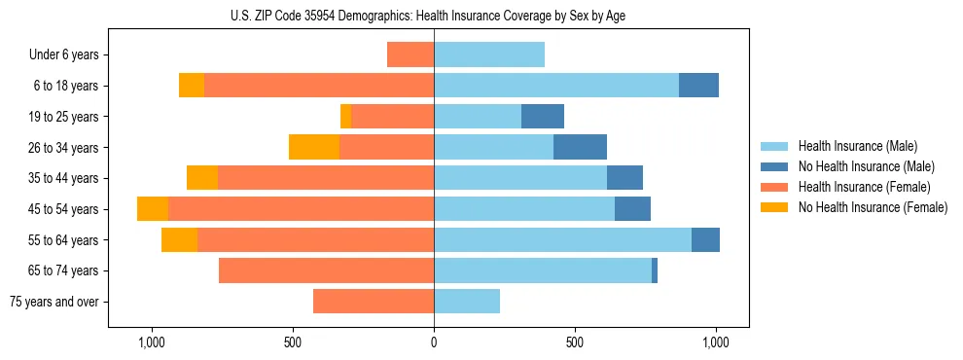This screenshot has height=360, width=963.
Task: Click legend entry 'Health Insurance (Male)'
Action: click(857, 146)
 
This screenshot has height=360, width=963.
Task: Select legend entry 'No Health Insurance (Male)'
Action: click(866, 166)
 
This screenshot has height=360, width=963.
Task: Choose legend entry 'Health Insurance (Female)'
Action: click(864, 187)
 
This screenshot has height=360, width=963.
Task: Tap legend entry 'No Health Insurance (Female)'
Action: click(873, 207)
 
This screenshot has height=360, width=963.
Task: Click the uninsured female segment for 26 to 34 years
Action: click(314, 147)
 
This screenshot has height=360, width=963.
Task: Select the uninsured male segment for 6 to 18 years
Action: click(698, 86)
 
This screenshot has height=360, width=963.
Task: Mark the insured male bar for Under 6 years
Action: click(489, 54)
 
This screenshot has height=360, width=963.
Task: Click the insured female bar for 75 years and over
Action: click(374, 302)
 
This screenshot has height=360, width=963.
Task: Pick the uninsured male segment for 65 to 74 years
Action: click(655, 270)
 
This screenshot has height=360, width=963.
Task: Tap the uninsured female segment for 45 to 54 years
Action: click(153, 209)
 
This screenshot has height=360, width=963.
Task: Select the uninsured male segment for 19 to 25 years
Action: click(543, 117)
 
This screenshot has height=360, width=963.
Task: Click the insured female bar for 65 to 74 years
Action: click(326, 270)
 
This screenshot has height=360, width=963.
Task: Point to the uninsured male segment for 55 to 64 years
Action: click(705, 239)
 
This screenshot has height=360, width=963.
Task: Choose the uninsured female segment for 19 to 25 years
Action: click(345, 117)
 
